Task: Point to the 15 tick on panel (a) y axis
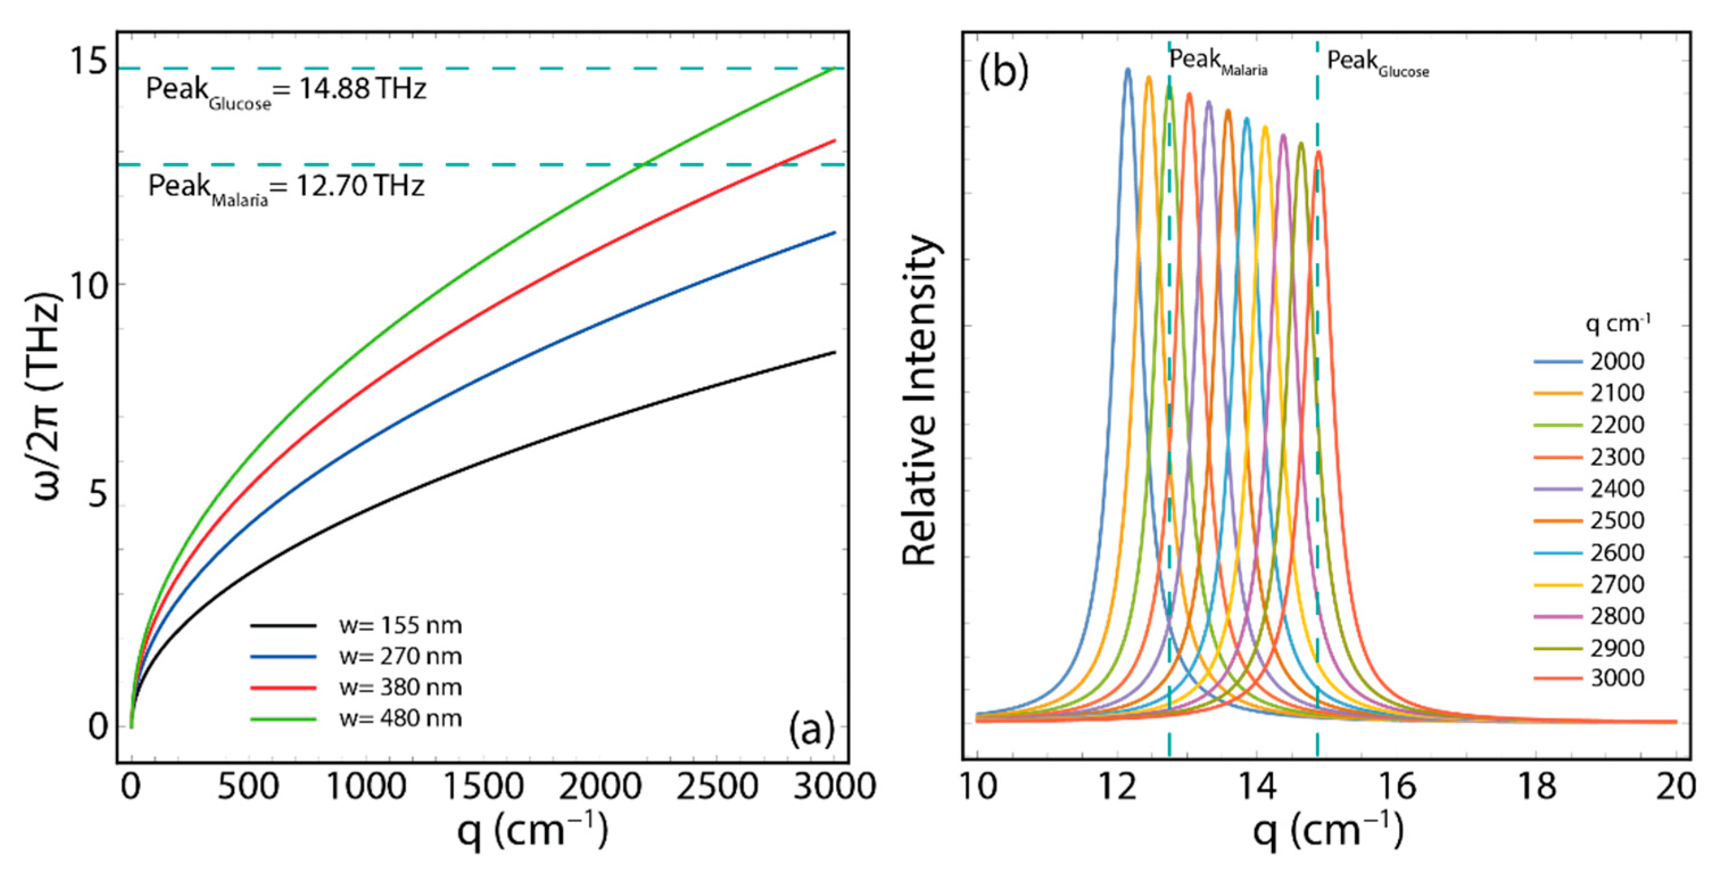point(88,63)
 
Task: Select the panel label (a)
point(811,731)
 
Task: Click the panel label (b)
point(1003,71)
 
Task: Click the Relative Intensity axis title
point(920,400)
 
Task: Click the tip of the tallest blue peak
point(1128,69)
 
